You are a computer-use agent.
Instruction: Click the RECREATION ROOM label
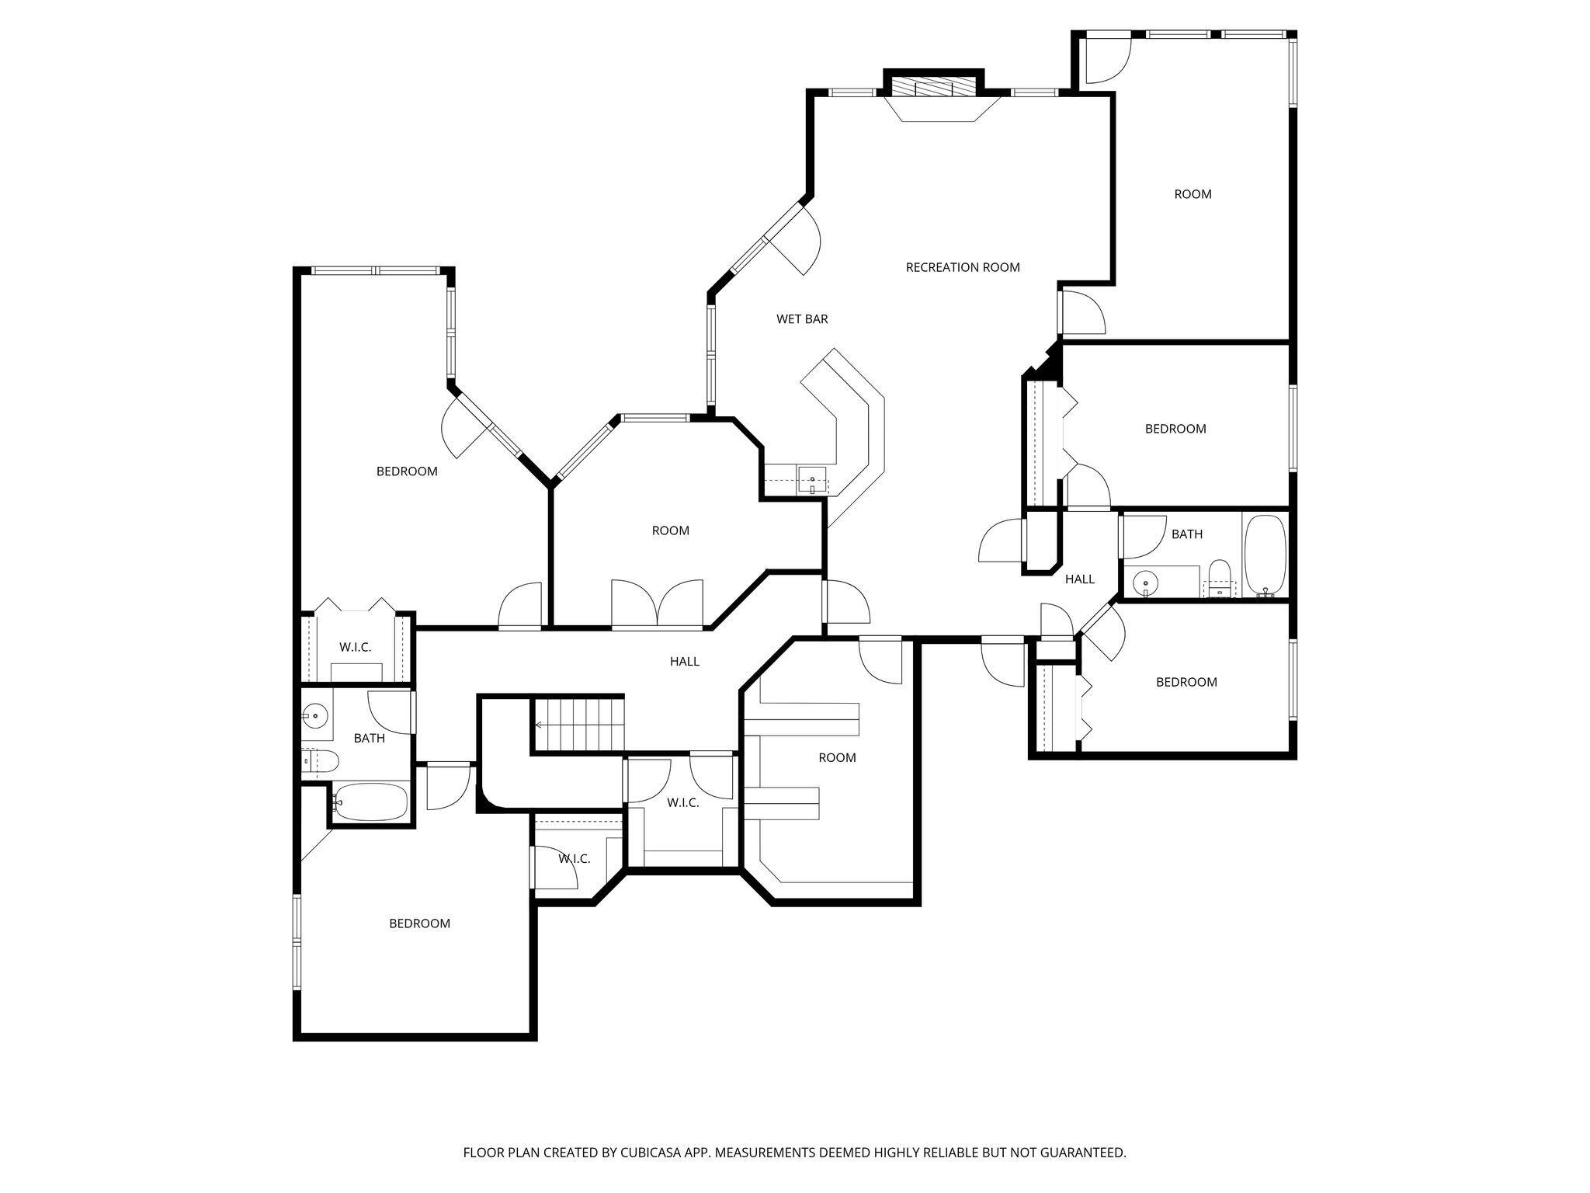pos(962,267)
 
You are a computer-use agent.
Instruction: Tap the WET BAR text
pos(802,319)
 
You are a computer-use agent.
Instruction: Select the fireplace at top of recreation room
pos(934,87)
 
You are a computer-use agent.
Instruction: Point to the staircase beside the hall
pos(578,724)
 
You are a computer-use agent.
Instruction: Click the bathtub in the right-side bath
pos(1265,555)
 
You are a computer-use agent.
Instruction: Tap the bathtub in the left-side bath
pos(370,801)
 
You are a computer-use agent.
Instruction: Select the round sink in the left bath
pos(314,715)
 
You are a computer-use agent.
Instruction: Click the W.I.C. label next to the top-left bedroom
pos(355,647)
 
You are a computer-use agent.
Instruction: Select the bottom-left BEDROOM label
pos(419,923)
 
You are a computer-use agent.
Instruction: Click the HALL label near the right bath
pos(1079,579)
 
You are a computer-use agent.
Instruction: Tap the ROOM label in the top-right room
pos(1192,194)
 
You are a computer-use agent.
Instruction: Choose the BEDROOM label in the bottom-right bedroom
pos(1186,682)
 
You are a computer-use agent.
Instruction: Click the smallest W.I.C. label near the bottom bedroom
pos(574,859)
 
